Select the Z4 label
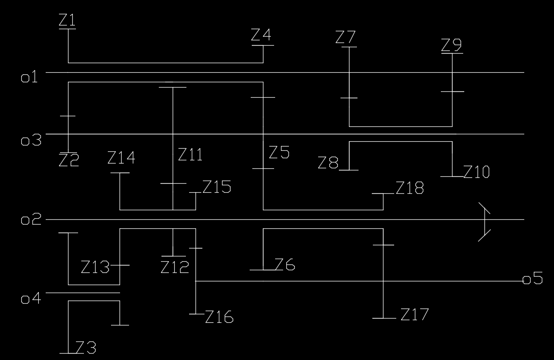(x=261, y=36)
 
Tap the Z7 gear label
(x=346, y=38)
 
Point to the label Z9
(x=451, y=45)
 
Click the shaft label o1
(x=29, y=78)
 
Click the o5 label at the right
(x=533, y=279)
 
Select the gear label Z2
(x=69, y=160)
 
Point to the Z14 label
(x=121, y=158)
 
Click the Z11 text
(x=190, y=155)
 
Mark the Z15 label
(x=217, y=187)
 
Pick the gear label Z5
(x=279, y=153)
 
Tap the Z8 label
(x=328, y=163)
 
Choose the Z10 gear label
(x=476, y=172)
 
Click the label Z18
(x=410, y=188)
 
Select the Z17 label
(x=414, y=315)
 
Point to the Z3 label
(x=86, y=348)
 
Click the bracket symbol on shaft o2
(x=484, y=221)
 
